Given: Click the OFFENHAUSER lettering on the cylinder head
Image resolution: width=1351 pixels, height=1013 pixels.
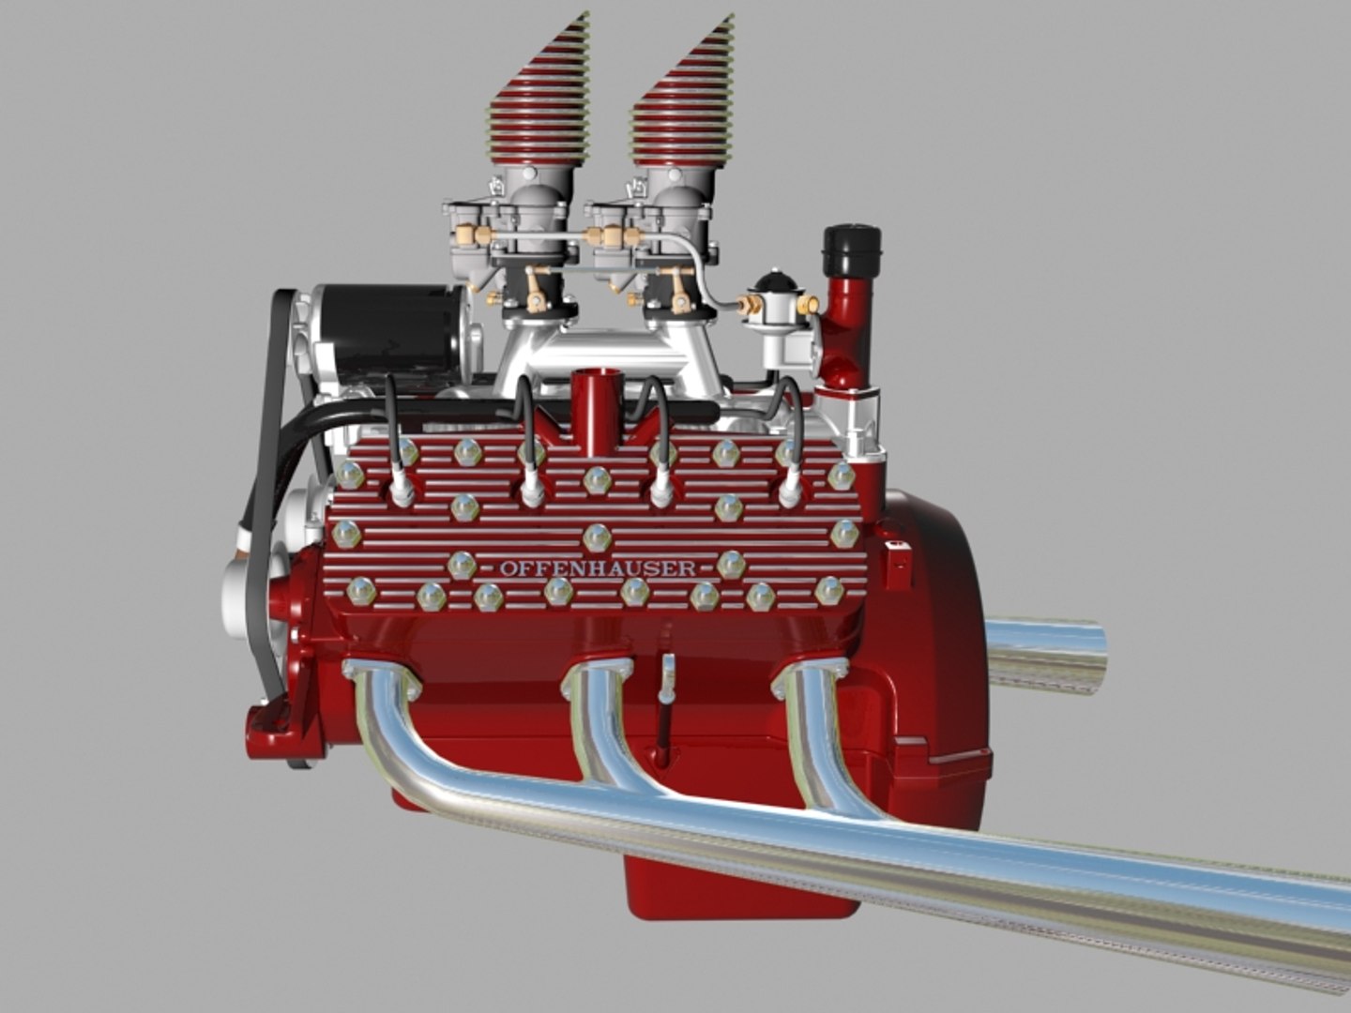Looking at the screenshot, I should (597, 567).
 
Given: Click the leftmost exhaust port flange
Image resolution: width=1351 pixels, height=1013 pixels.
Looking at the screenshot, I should (380, 677).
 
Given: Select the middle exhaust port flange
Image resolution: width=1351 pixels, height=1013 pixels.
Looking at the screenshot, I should (598, 678).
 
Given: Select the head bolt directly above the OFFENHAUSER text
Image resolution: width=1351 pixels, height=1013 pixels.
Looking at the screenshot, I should (597, 537).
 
